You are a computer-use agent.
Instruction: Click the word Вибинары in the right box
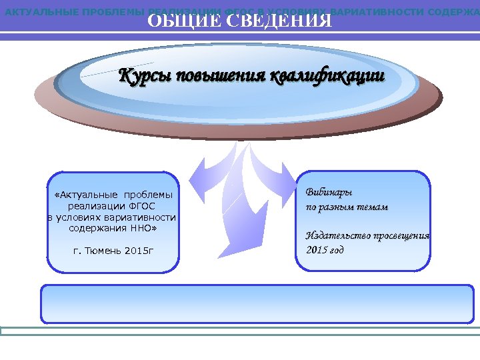(329, 193)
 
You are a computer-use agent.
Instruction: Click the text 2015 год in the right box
(325, 251)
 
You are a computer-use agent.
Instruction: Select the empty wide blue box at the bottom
(257, 303)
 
